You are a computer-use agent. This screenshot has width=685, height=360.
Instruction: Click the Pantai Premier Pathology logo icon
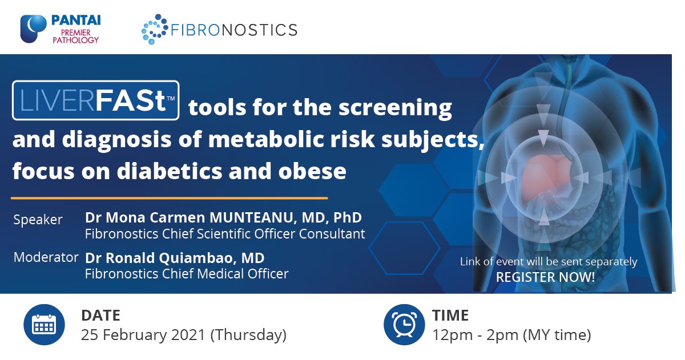click(33, 29)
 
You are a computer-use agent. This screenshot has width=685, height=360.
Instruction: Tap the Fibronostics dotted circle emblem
click(155, 29)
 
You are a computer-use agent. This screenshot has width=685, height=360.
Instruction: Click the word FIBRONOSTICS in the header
click(234, 30)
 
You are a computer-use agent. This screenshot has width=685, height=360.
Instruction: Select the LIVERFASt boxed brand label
click(96, 100)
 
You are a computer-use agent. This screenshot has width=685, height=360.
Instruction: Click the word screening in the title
click(395, 108)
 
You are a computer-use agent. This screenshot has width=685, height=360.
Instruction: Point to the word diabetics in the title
click(170, 171)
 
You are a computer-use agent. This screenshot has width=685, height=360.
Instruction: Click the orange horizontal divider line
click(170, 198)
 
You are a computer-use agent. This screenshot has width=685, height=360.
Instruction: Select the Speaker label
click(38, 220)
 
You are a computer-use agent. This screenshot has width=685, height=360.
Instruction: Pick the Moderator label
click(46, 257)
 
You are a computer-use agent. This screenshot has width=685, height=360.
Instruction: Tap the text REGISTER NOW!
click(545, 277)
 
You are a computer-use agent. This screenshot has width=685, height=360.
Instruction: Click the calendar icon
click(44, 325)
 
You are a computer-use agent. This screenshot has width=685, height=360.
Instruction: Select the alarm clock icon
click(404, 325)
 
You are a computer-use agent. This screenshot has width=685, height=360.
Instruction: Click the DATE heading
click(100, 315)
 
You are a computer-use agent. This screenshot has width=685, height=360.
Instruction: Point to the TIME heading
click(450, 315)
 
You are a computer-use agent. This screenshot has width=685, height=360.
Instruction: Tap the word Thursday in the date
click(248, 335)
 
